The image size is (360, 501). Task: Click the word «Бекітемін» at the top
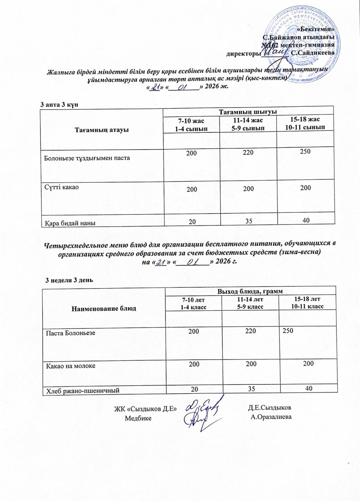point(316,29)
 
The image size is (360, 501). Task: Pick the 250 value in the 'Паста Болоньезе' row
point(288,331)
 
